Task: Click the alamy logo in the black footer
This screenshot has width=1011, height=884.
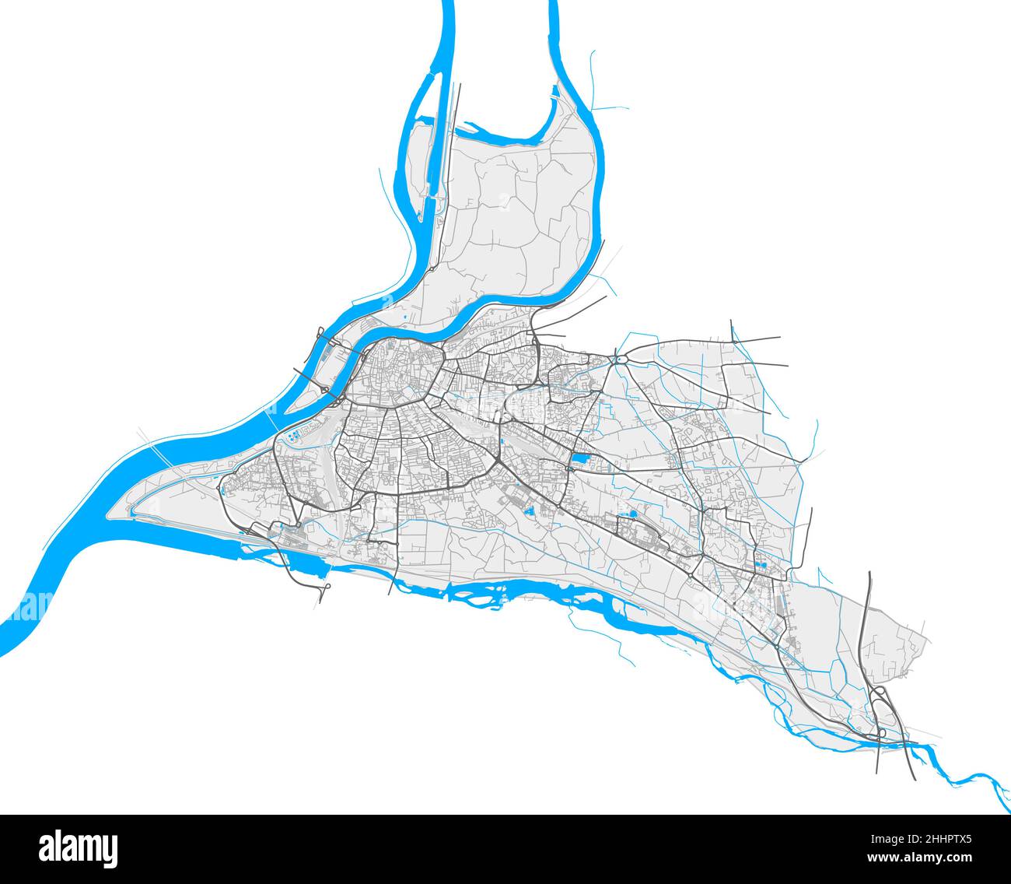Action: (78, 847)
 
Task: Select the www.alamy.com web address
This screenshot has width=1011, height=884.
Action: (930, 857)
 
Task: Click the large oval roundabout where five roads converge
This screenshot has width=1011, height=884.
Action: (621, 359)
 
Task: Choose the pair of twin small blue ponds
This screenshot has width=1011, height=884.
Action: (761, 566)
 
